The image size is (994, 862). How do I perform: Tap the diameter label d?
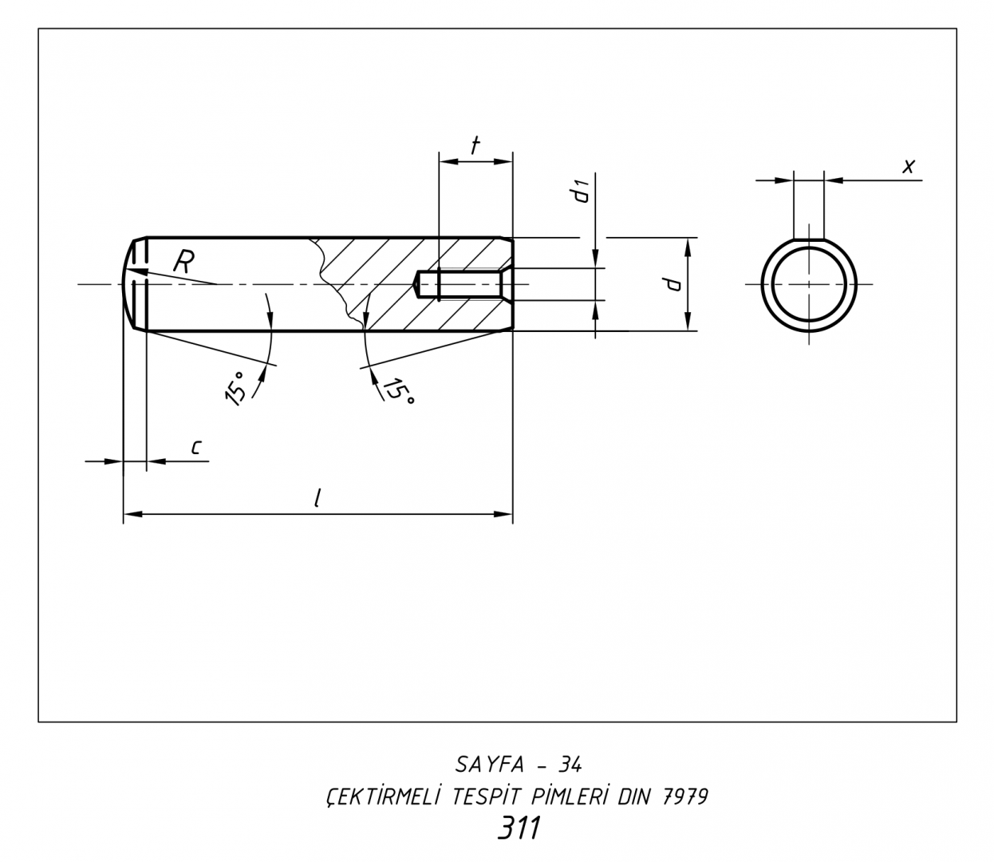click(673, 283)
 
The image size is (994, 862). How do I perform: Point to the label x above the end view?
click(908, 166)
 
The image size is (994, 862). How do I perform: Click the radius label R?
click(183, 262)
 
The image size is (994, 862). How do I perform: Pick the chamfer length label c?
click(195, 448)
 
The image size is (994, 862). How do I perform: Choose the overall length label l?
click(318, 498)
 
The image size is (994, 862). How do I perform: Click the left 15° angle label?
click(235, 389)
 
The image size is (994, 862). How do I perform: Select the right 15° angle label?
click(398, 389)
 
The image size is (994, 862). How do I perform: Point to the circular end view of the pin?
click(809, 284)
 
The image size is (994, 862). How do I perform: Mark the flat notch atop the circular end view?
click(809, 239)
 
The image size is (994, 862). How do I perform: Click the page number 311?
click(519, 828)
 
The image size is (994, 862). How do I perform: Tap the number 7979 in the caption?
click(685, 797)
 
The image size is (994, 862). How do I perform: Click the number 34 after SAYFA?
click(570, 765)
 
